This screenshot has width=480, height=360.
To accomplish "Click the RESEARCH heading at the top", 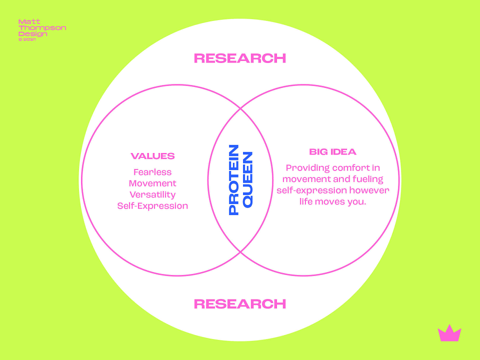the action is tap(240, 58).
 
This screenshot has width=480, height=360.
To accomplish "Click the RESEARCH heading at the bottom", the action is tap(240, 303).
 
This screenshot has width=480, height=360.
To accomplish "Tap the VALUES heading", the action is tap(152, 156).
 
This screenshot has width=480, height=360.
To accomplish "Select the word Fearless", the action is tap(152, 172).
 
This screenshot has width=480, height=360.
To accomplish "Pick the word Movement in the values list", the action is tap(152, 183).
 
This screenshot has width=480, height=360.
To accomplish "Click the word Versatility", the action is tap(152, 194).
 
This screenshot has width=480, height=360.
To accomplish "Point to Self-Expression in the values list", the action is tap(152, 206).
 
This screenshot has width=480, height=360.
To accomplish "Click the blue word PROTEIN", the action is tap(234, 180).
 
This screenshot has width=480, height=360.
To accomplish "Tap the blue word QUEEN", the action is tap(247, 180).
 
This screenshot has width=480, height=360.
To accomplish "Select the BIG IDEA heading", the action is tap(333, 152).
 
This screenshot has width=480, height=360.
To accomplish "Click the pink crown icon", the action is tap(449, 333).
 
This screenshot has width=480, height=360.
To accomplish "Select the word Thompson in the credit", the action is tap(42, 28).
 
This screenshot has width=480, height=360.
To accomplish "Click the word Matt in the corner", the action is tap(29, 21).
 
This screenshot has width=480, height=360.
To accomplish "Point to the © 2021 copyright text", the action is tap(27, 39).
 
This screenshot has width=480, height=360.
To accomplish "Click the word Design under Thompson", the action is tap(33, 34).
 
